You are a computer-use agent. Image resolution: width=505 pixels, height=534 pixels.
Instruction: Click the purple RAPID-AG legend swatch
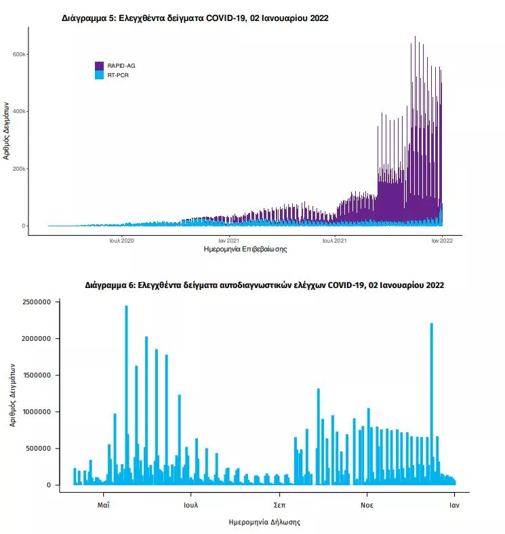point(99,66)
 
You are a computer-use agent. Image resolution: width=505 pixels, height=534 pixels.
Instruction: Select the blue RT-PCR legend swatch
point(99,75)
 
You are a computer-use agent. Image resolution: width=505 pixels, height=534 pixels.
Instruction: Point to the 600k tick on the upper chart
point(19,54)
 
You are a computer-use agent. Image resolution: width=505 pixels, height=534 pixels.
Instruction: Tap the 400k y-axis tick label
point(19,111)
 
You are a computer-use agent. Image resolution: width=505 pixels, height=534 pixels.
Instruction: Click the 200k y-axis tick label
point(19,169)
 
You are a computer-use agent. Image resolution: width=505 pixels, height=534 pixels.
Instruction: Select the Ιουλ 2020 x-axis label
point(121,241)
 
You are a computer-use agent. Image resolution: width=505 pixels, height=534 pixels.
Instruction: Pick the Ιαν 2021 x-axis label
point(228,241)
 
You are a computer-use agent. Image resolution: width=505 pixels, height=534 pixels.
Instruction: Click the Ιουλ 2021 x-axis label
point(334,241)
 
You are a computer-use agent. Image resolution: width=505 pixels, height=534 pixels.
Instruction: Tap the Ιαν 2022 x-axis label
point(443,241)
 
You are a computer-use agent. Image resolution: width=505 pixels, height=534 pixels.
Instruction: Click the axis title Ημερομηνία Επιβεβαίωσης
point(245,249)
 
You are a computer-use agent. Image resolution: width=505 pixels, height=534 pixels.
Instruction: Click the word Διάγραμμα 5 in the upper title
point(89,18)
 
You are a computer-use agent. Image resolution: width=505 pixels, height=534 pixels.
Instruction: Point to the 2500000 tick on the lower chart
point(37,302)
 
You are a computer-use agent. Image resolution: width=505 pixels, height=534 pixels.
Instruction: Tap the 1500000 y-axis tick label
point(37,375)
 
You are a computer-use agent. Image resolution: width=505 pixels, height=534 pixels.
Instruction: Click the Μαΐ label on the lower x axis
point(103,505)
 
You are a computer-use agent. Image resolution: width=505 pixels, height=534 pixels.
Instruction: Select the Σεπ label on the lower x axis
point(279,505)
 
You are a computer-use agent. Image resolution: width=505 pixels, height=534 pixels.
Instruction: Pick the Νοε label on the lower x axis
point(367,505)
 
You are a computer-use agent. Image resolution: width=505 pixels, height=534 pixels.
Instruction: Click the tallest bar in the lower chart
point(127,395)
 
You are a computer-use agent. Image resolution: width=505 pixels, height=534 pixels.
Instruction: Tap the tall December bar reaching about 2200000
point(432,404)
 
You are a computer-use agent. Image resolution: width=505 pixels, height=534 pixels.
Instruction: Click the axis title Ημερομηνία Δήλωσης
point(264,522)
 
